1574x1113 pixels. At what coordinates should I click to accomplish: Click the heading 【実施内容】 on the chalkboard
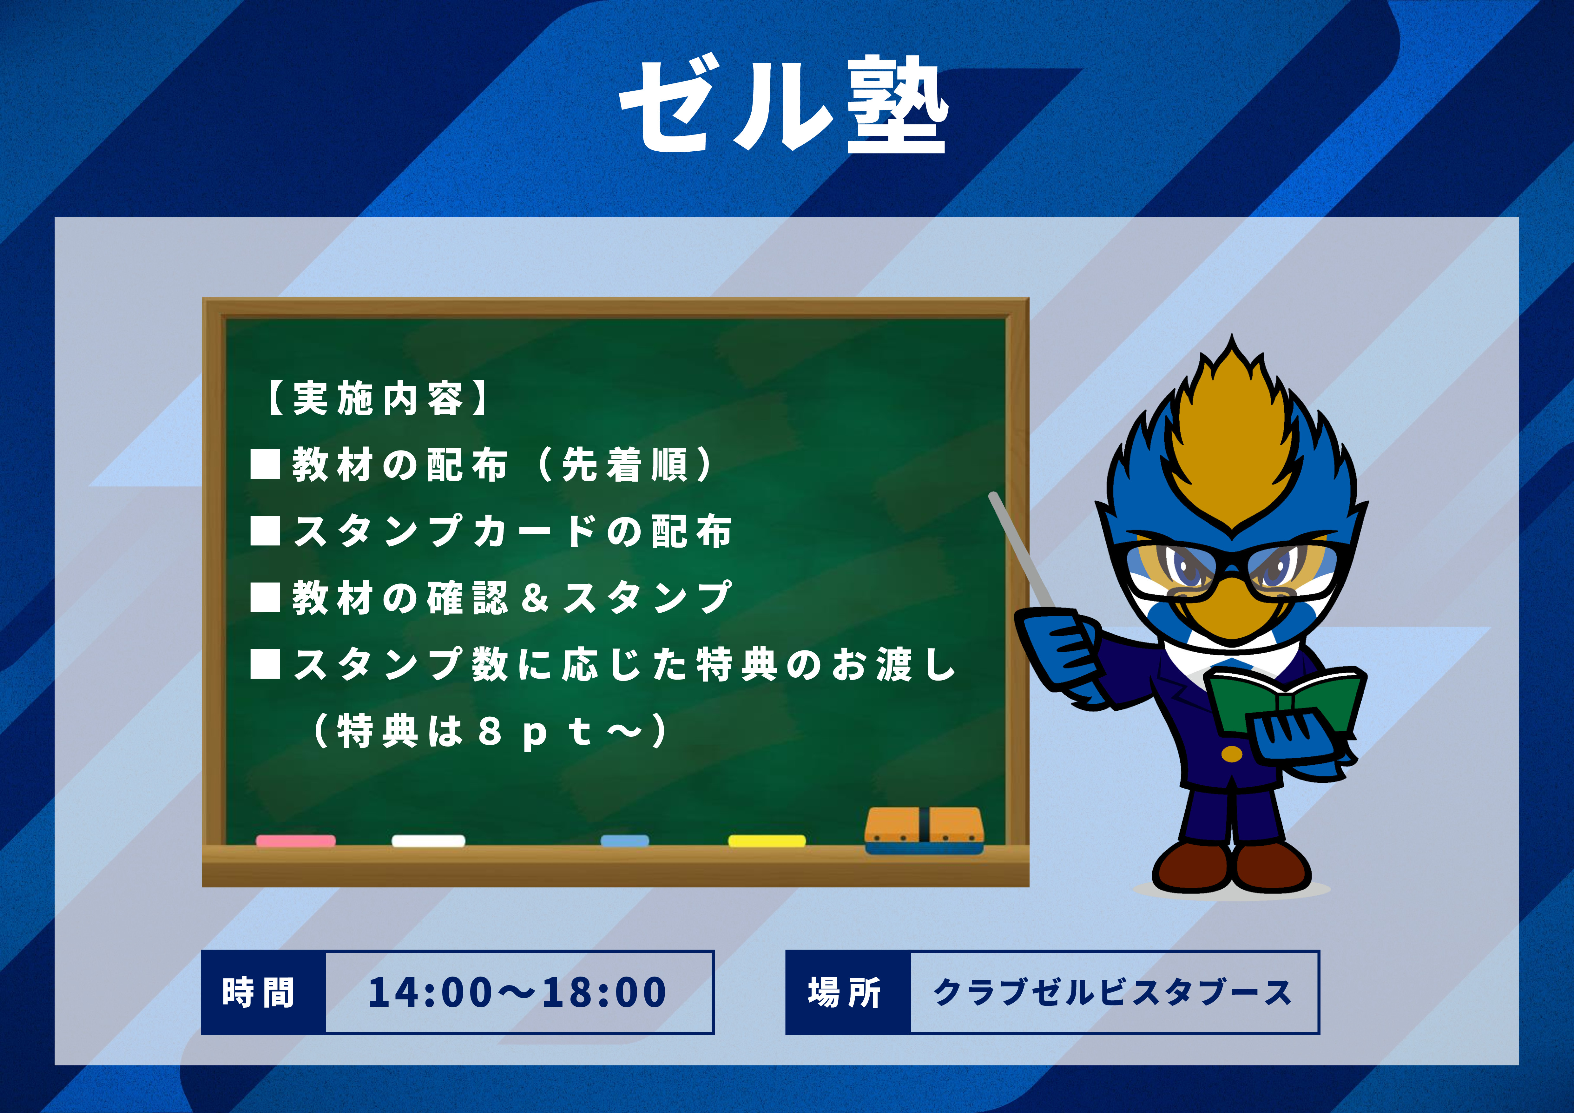point(378,398)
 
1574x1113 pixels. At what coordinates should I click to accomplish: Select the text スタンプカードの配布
point(513,531)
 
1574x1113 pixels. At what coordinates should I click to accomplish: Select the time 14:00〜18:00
point(517,992)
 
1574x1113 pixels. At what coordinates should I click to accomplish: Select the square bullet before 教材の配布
point(265,465)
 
